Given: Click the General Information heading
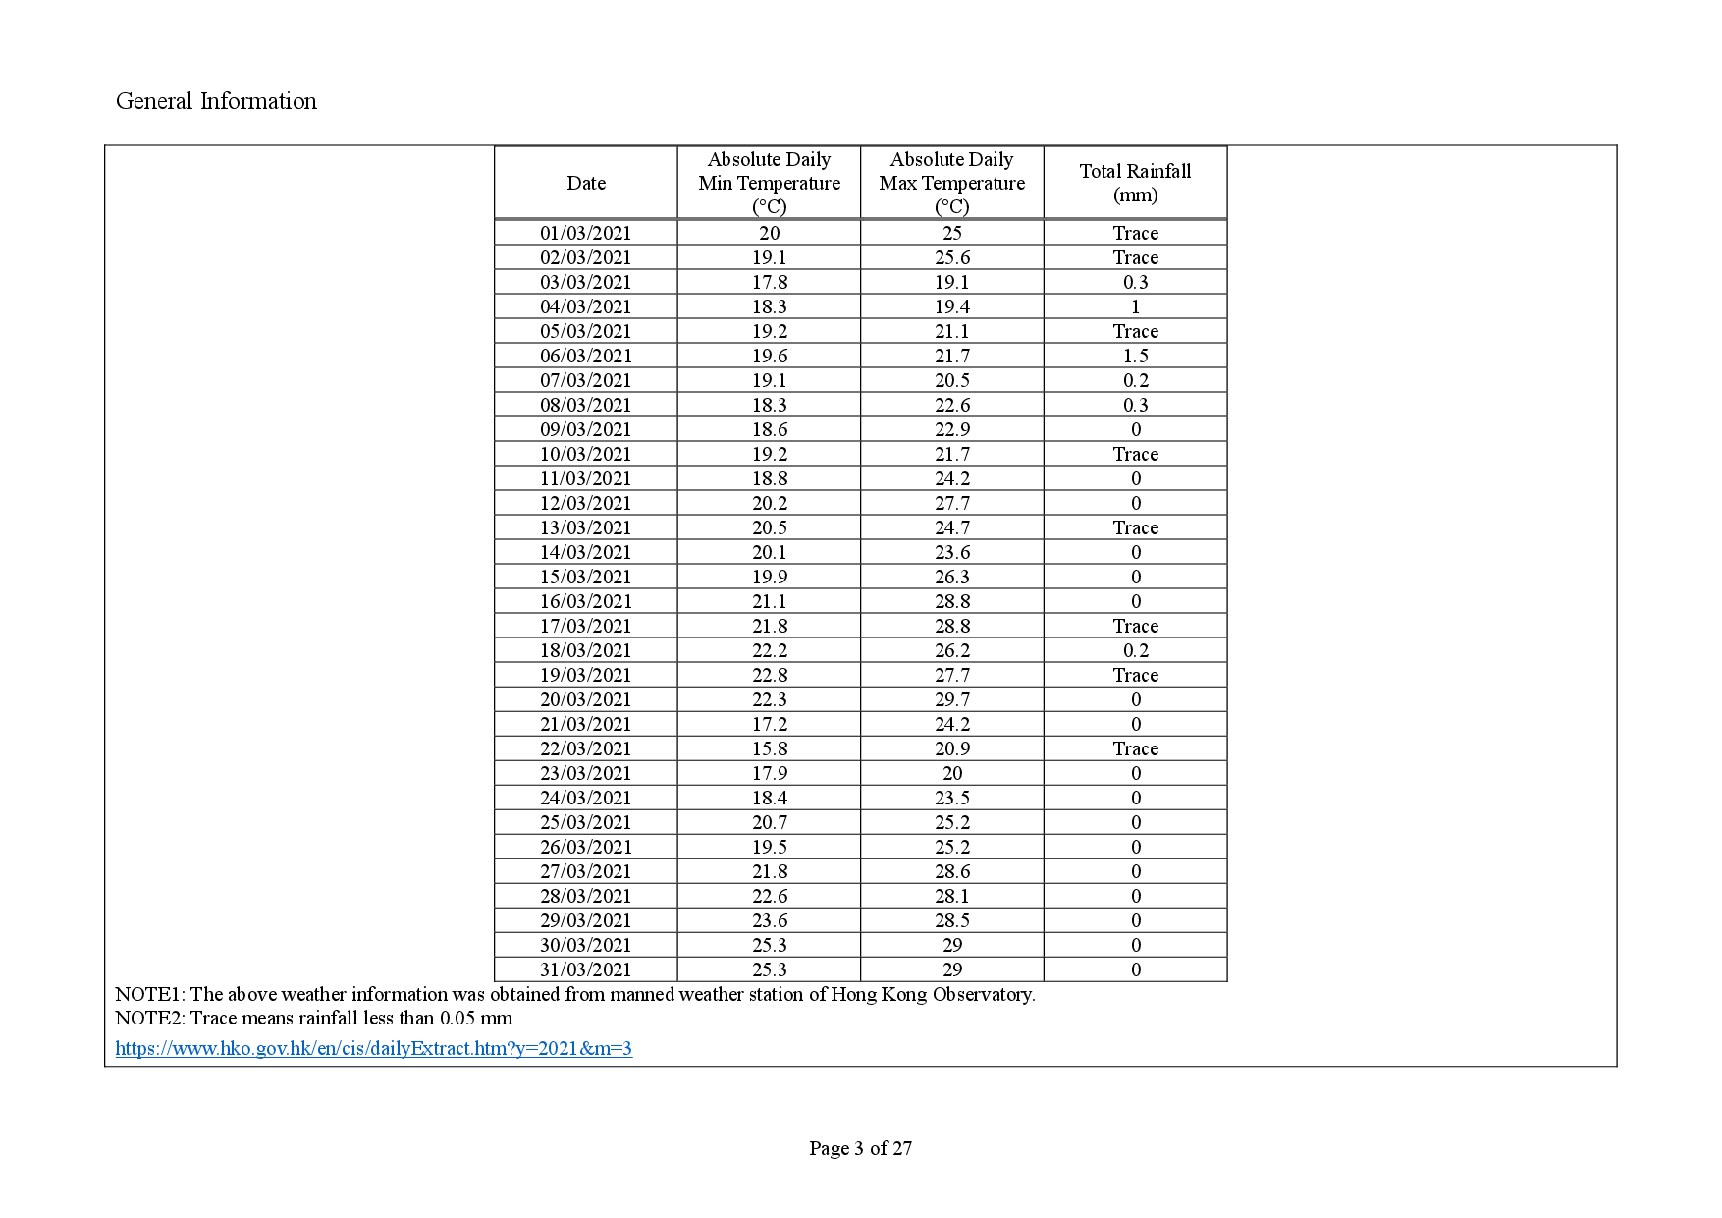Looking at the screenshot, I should [216, 101].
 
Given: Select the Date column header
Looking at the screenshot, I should [586, 183].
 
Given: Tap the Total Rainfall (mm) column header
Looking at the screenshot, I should [1135, 183].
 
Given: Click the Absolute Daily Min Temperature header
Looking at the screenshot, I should [769, 183].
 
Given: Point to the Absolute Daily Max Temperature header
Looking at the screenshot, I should [951, 183].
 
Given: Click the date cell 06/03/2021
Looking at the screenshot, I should [586, 356].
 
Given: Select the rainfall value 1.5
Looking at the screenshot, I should [1136, 356].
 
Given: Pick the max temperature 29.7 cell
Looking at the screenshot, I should [952, 699].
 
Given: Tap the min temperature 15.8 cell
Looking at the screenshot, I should [770, 748].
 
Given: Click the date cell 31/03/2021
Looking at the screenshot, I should [586, 969].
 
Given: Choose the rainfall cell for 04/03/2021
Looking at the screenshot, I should [1136, 306].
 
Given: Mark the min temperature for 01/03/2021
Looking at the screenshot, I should [770, 233].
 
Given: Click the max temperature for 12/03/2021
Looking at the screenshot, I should [952, 503].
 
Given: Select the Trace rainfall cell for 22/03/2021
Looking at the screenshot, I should [1136, 748].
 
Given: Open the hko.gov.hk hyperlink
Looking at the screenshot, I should [373, 1048].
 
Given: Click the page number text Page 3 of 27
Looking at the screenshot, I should [860, 1148].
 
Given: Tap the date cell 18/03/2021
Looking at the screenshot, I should [586, 650].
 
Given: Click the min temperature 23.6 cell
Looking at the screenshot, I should [770, 920].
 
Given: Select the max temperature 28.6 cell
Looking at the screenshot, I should [952, 871].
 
